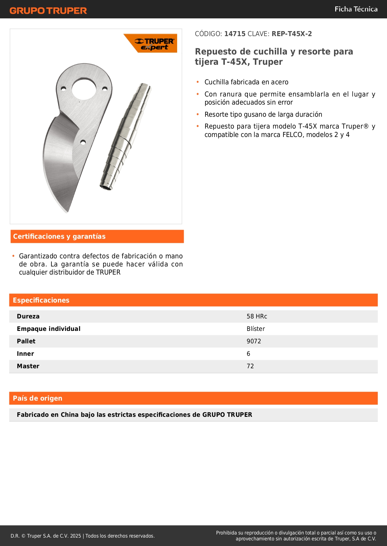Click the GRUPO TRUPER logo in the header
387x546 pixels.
pos(48,11)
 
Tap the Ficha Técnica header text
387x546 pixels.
pos(356,9)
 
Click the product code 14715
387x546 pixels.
pos(235,34)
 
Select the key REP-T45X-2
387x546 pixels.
pos(292,34)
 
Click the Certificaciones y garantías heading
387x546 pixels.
pos(59,237)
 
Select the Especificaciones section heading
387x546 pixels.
pos(41,300)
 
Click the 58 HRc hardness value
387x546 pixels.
pos(257,317)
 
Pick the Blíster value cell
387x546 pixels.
pos(256,329)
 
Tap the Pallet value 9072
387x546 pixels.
pos(254,341)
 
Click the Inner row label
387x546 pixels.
pos(25,354)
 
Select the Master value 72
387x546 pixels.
pos(250,366)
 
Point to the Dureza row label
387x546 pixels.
pos(28,317)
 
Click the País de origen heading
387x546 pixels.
pos(37,398)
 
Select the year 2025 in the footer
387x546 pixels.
pos(75,536)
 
